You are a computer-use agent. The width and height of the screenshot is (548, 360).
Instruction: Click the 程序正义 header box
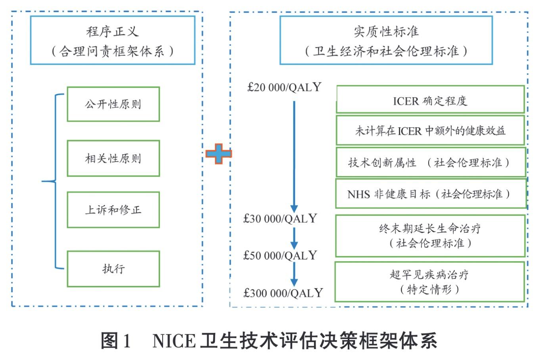(x=113, y=40)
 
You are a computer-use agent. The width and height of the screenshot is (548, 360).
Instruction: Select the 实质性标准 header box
(x=386, y=40)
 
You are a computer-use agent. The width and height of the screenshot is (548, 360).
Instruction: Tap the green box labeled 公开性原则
(x=113, y=104)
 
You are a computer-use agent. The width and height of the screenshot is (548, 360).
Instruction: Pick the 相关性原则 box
(x=113, y=158)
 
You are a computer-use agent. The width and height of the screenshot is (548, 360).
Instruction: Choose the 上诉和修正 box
(x=113, y=210)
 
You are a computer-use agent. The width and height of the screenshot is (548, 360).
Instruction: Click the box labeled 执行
(x=113, y=269)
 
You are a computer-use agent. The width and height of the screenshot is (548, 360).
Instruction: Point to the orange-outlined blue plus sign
(x=218, y=154)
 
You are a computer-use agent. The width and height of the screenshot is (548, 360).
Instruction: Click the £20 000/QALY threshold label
(x=284, y=87)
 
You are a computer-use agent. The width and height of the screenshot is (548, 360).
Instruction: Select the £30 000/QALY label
(x=280, y=218)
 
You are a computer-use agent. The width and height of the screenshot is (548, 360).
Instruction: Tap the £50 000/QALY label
(x=280, y=255)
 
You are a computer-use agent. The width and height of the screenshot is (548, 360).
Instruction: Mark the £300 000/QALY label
(x=283, y=293)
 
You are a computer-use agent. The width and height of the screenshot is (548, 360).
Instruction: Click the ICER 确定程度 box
(x=430, y=100)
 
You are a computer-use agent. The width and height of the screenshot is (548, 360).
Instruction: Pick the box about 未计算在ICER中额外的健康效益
(x=430, y=130)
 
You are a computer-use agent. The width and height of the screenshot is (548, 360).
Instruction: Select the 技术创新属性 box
(x=431, y=162)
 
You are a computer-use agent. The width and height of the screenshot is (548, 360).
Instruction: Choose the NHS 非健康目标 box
(x=431, y=194)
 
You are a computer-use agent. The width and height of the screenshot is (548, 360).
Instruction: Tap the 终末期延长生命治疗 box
(x=430, y=236)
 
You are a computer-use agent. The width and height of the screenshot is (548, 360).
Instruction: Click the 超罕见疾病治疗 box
(x=430, y=281)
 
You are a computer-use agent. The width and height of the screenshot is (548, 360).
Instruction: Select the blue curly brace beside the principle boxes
(x=55, y=182)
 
